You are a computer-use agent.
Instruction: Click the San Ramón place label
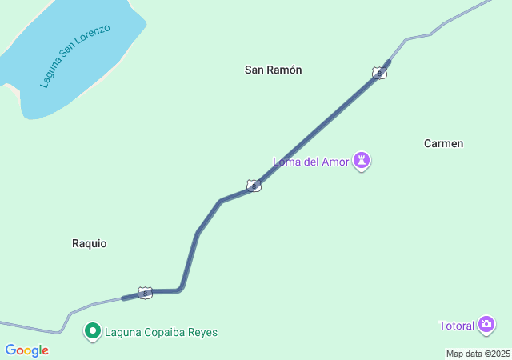273,70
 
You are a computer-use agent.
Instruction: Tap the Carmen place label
443,143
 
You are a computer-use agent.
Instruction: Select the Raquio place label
89,243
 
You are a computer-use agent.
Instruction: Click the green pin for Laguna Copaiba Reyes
93,331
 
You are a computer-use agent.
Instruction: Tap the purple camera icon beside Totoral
486,325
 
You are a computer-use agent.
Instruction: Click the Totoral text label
456,326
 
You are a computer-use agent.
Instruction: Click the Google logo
26,350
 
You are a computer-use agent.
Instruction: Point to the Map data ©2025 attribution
478,354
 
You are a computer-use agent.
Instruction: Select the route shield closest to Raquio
145,294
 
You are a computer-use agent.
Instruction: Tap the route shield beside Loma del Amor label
254,186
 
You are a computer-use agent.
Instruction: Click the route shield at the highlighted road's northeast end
379,73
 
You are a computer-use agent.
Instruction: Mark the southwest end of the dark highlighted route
123,298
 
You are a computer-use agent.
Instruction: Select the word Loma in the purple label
286,162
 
